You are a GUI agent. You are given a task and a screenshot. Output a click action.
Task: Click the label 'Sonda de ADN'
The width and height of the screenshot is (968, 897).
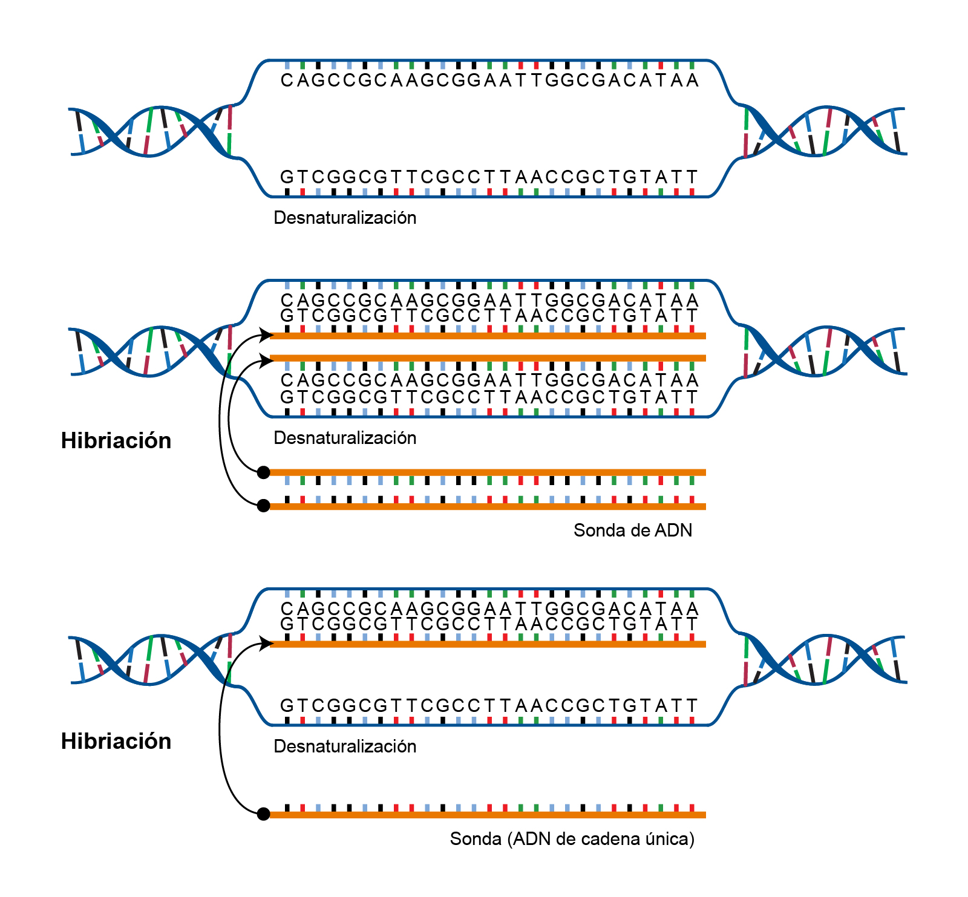point(633,530)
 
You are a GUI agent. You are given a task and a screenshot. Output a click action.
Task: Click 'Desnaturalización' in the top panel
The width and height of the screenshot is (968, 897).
point(345,218)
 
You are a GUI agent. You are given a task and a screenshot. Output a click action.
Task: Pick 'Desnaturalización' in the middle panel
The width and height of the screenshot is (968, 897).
point(345,438)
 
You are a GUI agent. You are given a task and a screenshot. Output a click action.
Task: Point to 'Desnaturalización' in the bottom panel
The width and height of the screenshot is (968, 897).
point(345,746)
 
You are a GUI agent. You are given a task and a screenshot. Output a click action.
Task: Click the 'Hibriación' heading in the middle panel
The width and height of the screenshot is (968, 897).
point(116,440)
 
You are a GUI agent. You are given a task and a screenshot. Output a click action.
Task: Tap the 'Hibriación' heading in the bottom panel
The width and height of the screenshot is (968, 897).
point(116,741)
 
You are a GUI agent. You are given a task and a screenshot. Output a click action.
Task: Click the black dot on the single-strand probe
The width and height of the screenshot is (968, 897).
point(263,814)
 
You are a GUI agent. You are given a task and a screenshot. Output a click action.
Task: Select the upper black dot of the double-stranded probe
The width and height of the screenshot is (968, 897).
point(263,472)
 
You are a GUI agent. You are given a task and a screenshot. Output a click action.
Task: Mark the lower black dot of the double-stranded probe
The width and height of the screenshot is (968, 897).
point(263,506)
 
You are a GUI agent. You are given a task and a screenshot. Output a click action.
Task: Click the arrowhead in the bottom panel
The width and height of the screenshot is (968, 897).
point(266,643)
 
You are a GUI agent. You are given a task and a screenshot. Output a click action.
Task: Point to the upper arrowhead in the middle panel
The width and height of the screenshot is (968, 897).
point(266,334)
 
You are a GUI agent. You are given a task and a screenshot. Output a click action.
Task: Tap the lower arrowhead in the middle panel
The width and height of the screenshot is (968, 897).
point(266,361)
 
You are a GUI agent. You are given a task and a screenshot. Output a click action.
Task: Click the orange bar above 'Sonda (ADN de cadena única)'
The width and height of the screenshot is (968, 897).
point(488,815)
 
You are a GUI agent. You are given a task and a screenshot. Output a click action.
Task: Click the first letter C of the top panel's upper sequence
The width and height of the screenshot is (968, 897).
point(287,80)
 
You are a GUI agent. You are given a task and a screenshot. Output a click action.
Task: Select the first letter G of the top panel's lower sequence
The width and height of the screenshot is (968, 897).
point(287,177)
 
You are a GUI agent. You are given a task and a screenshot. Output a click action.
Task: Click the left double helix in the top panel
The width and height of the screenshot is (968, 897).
point(151,131)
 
